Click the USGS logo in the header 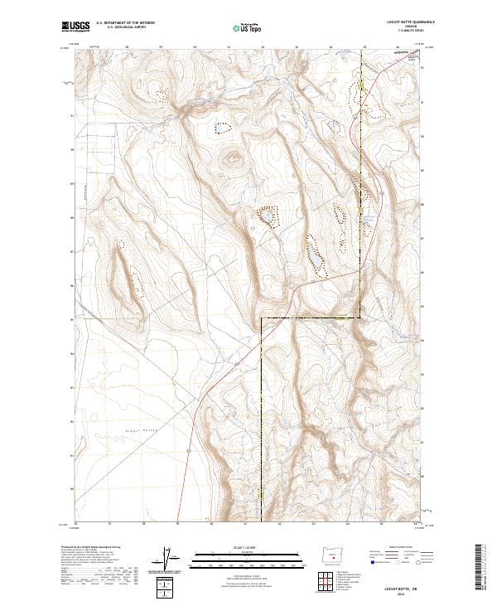(76, 27)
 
